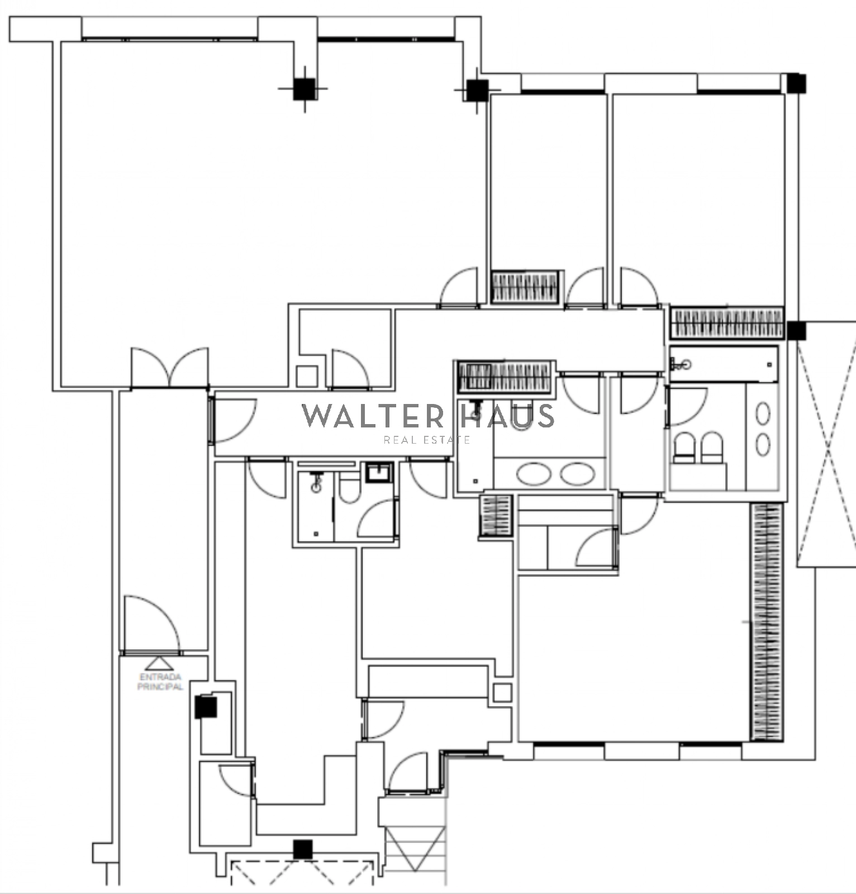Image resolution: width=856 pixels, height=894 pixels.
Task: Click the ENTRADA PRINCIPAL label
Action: coord(160,682)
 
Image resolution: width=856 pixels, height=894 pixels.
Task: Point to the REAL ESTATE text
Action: coord(427,440)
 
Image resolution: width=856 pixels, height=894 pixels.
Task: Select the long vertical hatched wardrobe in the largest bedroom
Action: coord(767,621)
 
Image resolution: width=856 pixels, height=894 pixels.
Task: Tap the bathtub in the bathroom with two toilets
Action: coord(724,364)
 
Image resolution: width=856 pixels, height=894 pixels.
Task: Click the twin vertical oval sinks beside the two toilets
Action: coord(763,429)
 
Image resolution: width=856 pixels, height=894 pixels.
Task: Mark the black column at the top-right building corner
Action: coord(796,84)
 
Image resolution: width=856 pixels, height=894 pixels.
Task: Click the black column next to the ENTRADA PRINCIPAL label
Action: coord(206,707)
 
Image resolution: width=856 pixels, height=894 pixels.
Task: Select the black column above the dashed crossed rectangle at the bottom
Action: coord(303,850)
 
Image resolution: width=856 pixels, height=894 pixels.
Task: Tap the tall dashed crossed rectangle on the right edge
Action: coord(826,444)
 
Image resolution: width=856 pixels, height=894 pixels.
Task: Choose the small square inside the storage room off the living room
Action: coord(307,376)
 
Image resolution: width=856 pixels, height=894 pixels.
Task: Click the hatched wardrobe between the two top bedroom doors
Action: coord(525,287)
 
